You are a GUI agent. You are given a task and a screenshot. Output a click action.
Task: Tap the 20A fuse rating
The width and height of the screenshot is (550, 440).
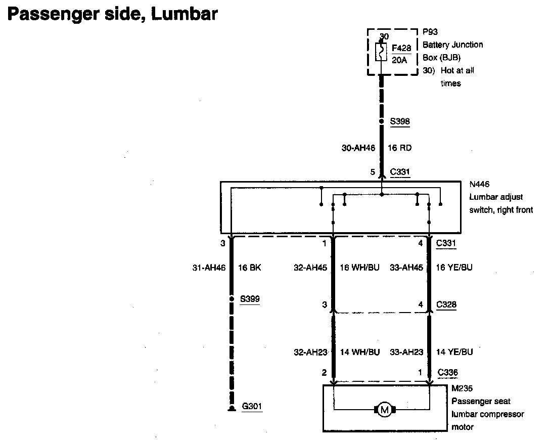click(x=399, y=60)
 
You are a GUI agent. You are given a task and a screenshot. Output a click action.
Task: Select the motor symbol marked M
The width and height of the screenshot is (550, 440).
click(x=384, y=410)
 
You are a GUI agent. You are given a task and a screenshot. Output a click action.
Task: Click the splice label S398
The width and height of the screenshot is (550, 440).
click(x=400, y=121)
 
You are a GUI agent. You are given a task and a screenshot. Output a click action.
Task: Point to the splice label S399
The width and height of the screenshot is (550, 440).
click(x=250, y=298)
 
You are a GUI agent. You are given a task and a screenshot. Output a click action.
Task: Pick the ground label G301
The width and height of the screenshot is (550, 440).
click(x=252, y=406)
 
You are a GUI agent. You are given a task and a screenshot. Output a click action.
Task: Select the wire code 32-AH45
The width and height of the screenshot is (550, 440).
click(x=311, y=268)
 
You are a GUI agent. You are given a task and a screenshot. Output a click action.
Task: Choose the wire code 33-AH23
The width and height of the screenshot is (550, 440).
click(x=406, y=352)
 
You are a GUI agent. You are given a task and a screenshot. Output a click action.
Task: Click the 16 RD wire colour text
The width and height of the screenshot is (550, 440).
click(x=399, y=148)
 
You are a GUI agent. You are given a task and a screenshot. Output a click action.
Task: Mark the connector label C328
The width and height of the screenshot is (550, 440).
click(x=447, y=305)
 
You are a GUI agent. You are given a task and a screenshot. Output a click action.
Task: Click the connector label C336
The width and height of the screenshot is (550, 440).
click(x=448, y=373)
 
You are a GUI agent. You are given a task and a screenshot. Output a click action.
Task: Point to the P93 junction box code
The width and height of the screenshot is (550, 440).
click(x=430, y=32)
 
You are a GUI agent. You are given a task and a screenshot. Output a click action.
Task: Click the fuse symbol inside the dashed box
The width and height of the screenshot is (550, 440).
click(x=382, y=52)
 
